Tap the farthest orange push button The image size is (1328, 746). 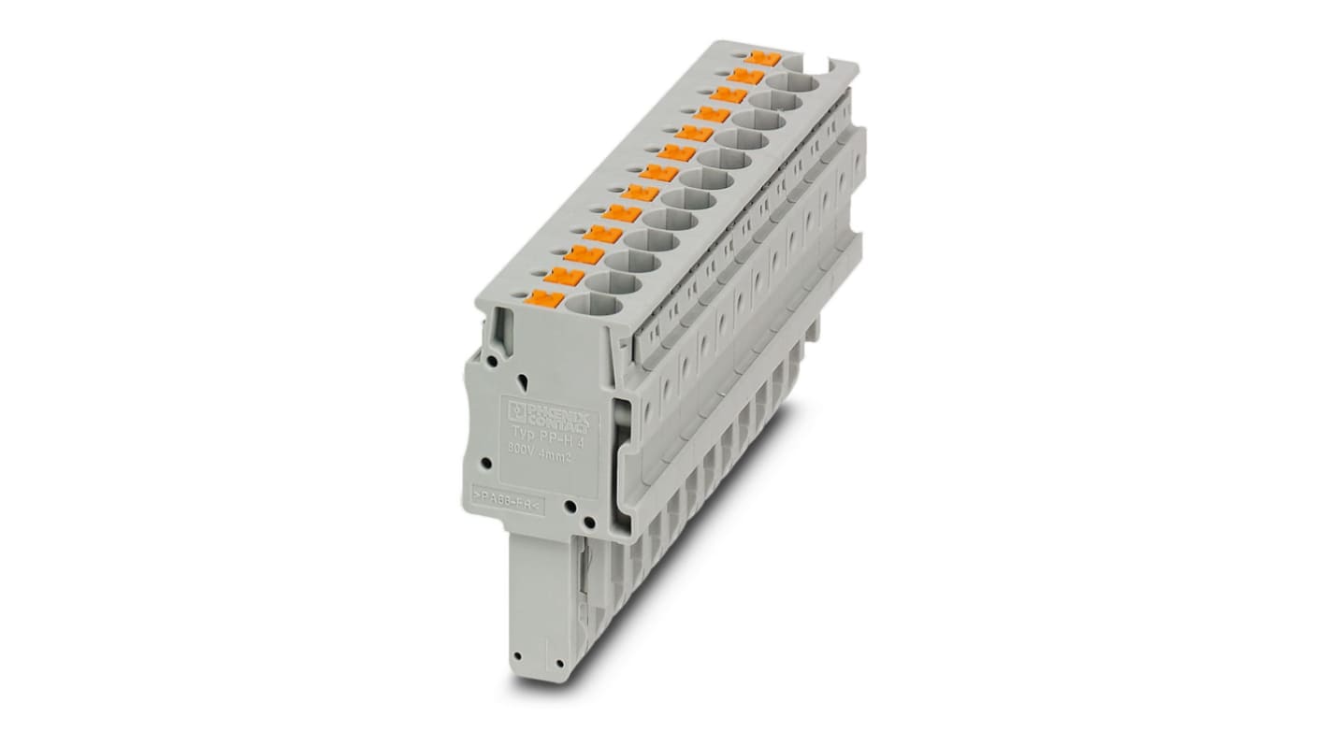768,58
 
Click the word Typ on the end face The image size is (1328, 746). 521,432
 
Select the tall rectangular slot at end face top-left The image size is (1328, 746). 504,332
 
